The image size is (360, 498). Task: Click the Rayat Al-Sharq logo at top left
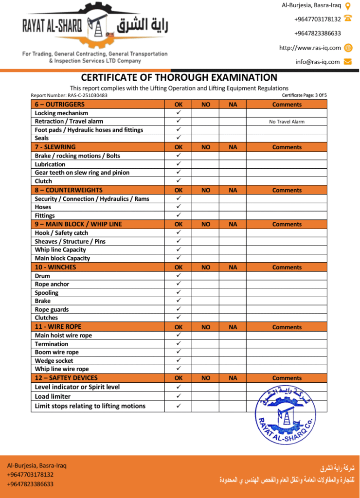coord(95,28)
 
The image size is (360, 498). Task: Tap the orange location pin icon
coord(348,6)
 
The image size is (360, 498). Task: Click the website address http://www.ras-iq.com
coord(310,48)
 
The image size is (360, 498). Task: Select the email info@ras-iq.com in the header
coord(318,62)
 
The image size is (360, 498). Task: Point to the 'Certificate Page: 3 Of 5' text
coord(304,95)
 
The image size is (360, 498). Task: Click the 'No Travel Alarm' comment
coord(287,122)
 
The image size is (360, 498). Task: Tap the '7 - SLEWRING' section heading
coord(55,147)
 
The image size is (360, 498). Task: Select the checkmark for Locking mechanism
coord(179,113)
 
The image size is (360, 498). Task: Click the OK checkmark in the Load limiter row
coord(179,396)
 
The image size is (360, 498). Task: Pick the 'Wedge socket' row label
coord(54,361)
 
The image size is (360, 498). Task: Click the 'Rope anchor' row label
coord(52,284)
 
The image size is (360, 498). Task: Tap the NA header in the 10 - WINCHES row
coord(233,267)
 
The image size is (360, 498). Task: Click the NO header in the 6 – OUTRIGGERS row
coord(206,105)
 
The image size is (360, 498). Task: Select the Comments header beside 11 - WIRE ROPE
coord(287,327)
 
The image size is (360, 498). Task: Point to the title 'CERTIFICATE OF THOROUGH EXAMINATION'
coord(179,77)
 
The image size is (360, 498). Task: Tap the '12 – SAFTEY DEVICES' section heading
coord(66,378)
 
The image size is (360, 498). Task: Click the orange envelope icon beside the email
coord(348,62)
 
